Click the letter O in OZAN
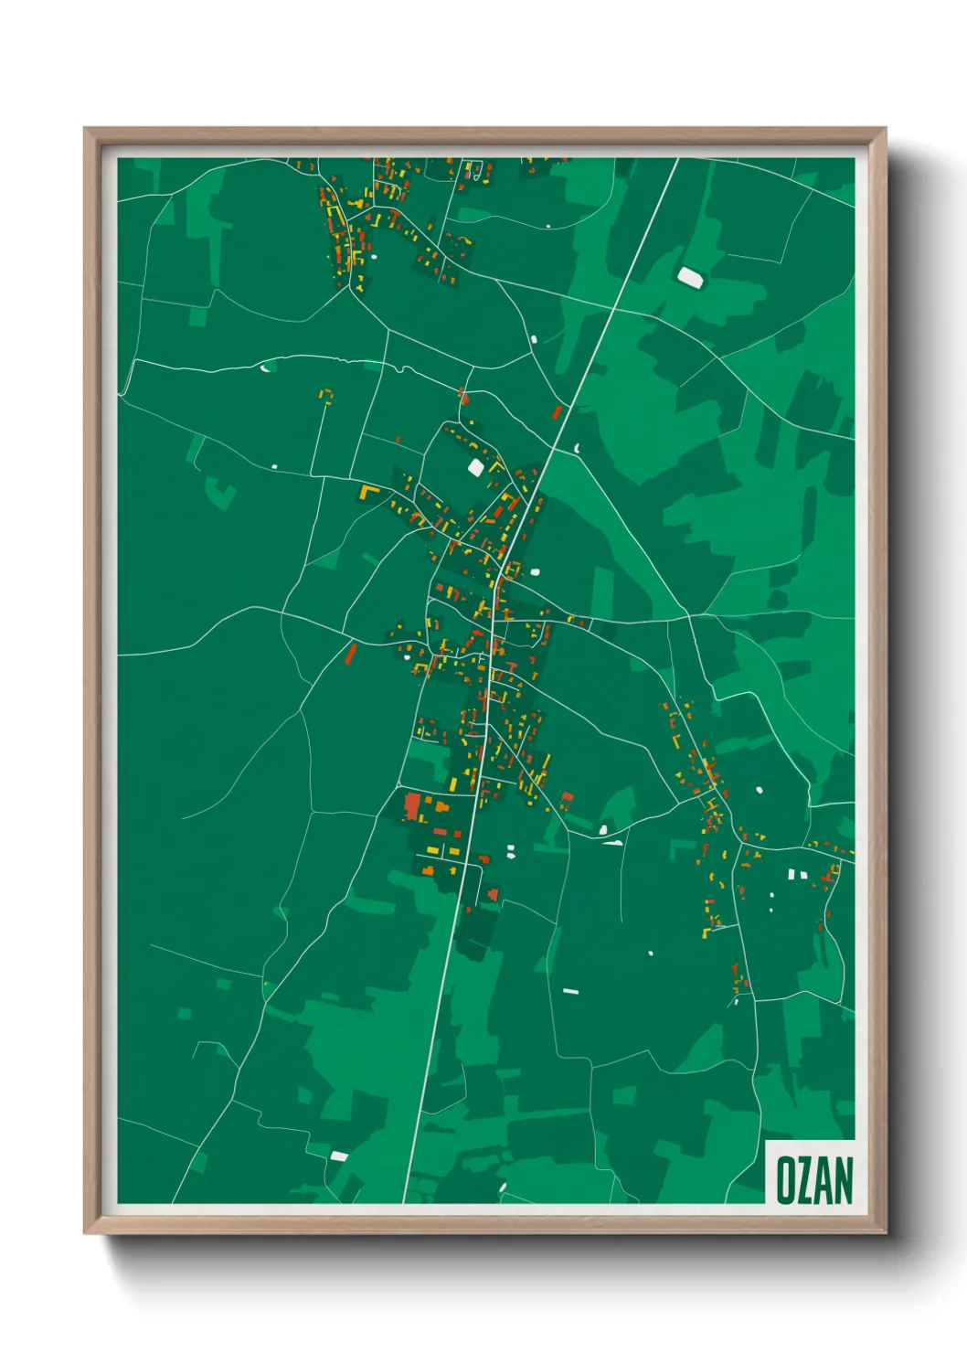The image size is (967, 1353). pyautogui.click(x=784, y=1180)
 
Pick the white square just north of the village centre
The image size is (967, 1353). pyautogui.click(x=475, y=466)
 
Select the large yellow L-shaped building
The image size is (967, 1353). pyautogui.click(x=368, y=492)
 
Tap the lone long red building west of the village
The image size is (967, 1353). pyautogui.click(x=350, y=653)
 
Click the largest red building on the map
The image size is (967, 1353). pyautogui.click(x=412, y=805)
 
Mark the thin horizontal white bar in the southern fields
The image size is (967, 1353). pyautogui.click(x=570, y=991)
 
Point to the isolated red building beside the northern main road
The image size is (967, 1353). pyautogui.click(x=557, y=412)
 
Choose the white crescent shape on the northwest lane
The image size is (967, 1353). pyautogui.click(x=265, y=368)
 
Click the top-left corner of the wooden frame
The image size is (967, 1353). pyautogui.click(x=85, y=129)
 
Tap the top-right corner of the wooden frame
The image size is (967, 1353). pyautogui.click(x=885, y=129)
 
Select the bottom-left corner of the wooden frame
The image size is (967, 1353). pyautogui.click(x=85, y=1232)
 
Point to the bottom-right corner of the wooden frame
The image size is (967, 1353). pyautogui.click(x=885, y=1232)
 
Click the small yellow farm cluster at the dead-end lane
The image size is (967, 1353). pyautogui.click(x=325, y=396)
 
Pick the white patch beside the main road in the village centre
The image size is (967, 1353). pyautogui.click(x=536, y=571)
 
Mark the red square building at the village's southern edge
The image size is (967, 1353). pyautogui.click(x=494, y=893)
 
